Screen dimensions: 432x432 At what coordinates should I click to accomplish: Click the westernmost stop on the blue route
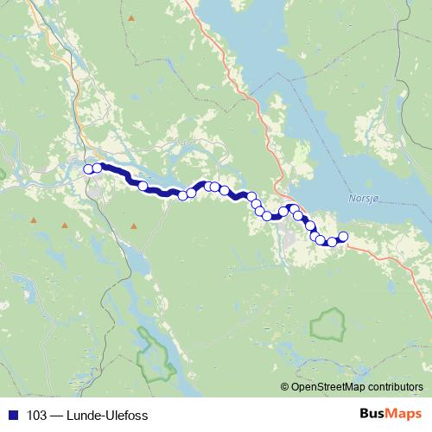click(x=88, y=168)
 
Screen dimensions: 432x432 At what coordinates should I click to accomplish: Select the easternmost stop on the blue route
click(x=343, y=237)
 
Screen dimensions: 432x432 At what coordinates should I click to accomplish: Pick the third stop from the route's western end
click(x=143, y=184)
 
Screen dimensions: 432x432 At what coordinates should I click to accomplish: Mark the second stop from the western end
click(x=97, y=168)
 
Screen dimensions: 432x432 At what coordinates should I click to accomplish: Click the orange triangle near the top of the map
click(x=131, y=18)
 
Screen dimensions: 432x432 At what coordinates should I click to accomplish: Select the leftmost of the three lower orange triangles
click(x=34, y=222)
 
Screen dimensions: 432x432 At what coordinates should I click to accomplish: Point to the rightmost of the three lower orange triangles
click(x=134, y=226)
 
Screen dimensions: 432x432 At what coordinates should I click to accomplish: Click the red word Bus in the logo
click(x=373, y=413)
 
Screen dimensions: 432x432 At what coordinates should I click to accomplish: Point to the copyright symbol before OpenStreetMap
click(x=285, y=386)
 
